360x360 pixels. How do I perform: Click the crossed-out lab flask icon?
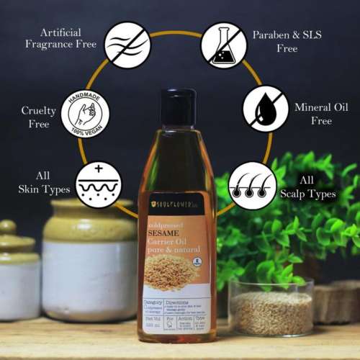[223, 44]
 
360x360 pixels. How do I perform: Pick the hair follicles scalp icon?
[251, 184]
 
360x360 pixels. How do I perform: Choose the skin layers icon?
[98, 184]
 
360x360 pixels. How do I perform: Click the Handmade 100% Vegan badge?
[85, 113]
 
